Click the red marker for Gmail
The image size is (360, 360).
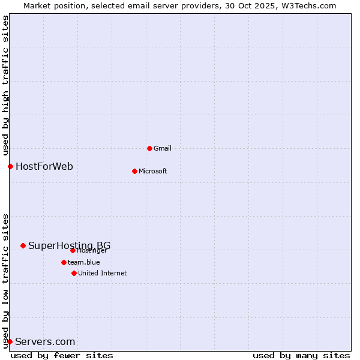(149, 148)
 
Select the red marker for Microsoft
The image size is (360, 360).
(134, 171)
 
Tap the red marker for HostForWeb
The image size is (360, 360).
(10, 166)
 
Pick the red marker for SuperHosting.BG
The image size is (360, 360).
(23, 245)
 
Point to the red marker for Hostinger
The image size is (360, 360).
(73, 250)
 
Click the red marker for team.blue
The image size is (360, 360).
(64, 262)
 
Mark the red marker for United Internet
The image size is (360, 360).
(74, 273)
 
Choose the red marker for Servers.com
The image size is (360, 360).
(10, 341)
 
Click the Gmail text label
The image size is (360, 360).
(163, 148)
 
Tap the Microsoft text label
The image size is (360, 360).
(152, 171)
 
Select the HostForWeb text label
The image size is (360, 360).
(44, 166)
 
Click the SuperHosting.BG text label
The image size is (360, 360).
(69, 245)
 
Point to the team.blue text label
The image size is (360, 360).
(83, 262)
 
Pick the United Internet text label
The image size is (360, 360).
(102, 273)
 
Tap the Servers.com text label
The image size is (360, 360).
(45, 342)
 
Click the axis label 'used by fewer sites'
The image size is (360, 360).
(62, 355)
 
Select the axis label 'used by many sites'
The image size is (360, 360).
(301, 355)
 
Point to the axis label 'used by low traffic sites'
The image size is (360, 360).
(6, 280)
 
